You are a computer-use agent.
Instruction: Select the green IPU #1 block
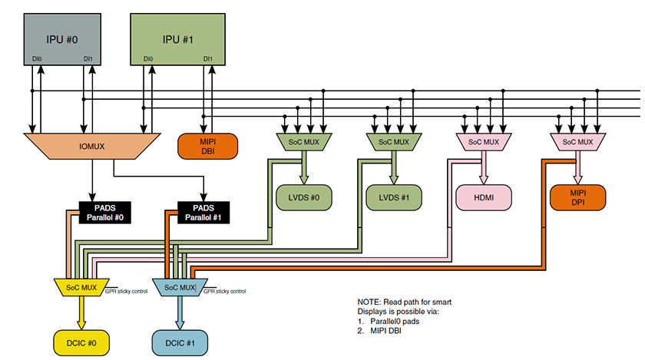tap(178, 39)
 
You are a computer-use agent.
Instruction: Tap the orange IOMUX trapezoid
tap(91, 144)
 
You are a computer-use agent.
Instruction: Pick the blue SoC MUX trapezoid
tap(177, 287)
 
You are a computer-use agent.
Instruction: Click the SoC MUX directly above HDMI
tap(483, 141)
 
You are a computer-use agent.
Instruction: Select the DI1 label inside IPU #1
tap(208, 59)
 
